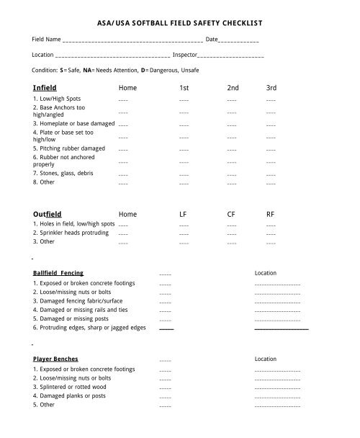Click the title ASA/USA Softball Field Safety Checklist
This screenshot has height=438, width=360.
tap(180, 22)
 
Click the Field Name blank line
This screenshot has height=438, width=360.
tap(132, 40)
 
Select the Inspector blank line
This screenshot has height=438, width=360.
tap(230, 56)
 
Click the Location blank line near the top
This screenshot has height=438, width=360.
tap(112, 56)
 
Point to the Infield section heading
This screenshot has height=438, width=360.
tap(45, 88)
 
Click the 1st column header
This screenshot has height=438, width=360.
tap(184, 88)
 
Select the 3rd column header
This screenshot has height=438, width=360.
tap(271, 88)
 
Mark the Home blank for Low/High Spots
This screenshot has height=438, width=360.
tap(123, 100)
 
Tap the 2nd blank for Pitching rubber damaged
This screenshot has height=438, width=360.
tap(232, 149)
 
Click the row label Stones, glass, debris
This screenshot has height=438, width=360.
tap(63, 174)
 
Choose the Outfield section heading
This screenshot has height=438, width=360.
tap(48, 214)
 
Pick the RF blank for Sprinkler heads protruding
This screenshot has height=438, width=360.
tap(271, 234)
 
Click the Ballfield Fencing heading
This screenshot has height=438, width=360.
tap(58, 273)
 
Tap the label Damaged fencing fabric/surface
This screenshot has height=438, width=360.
tap(78, 300)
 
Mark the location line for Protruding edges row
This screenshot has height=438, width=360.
tap(282, 328)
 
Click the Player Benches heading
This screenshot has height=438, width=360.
tap(55, 359)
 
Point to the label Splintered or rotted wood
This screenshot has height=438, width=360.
tap(69, 387)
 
